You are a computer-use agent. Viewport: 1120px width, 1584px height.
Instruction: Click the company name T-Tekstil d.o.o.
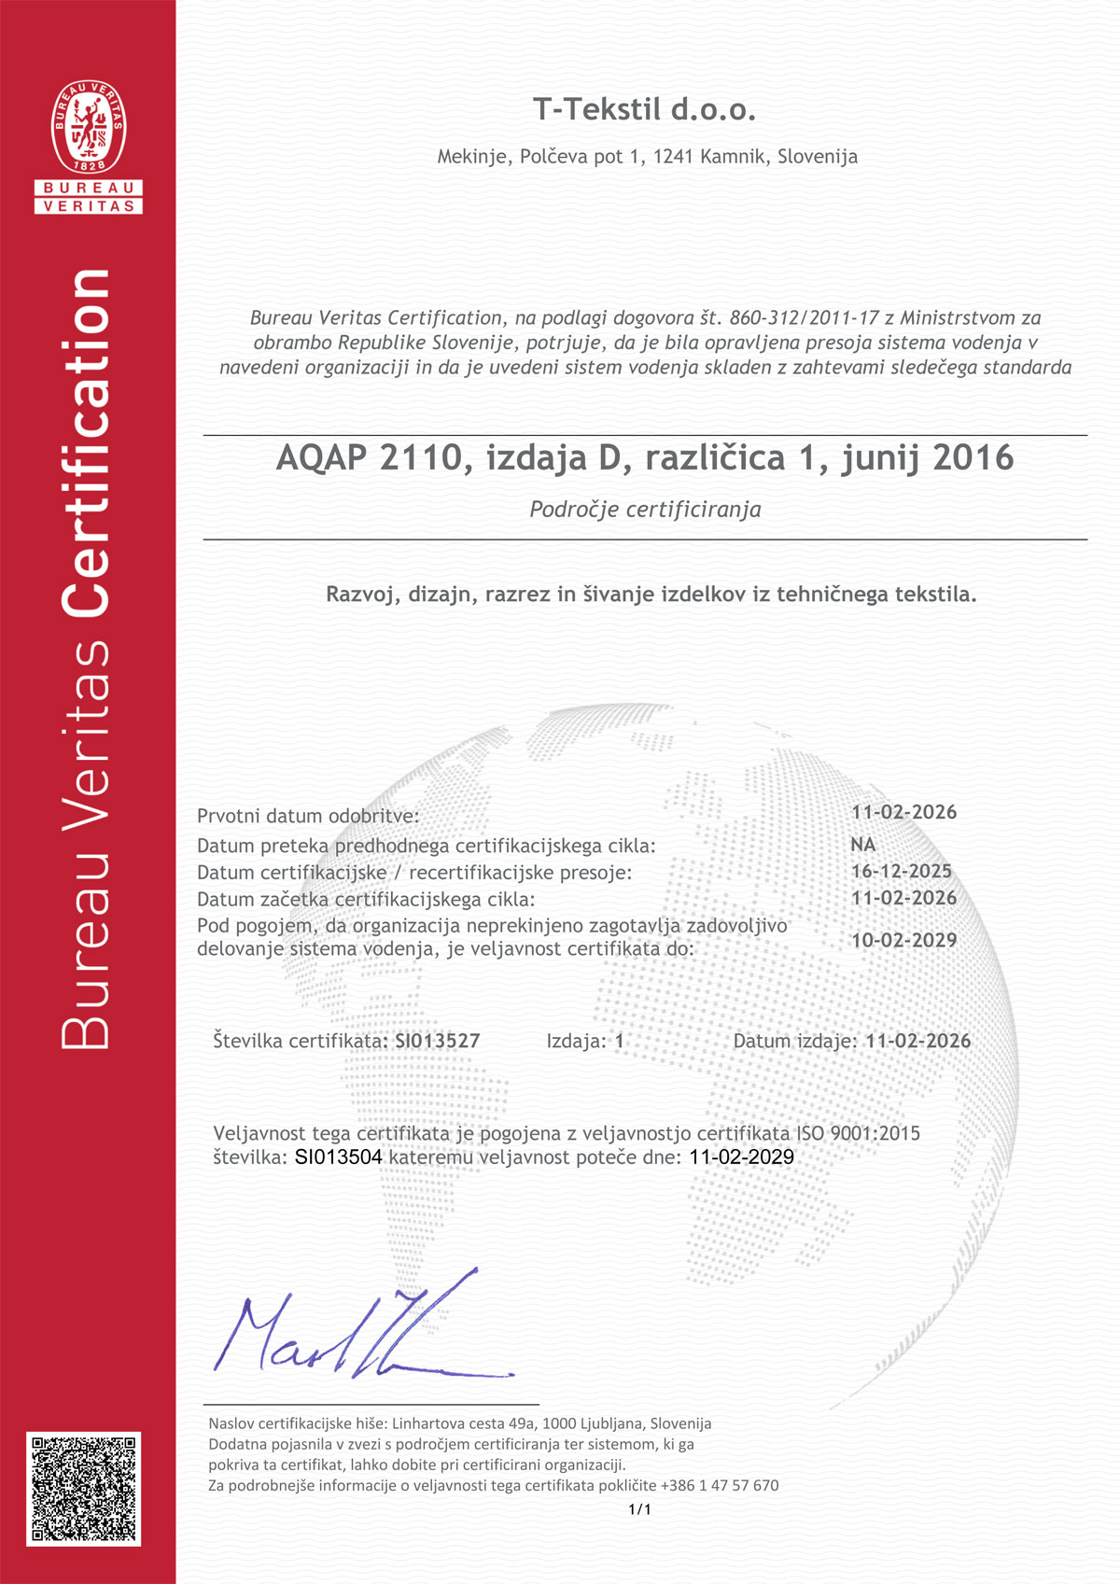pos(644,110)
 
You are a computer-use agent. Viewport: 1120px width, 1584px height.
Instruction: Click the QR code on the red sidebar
pos(84,1488)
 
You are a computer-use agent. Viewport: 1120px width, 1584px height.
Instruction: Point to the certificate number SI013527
pos(437,1041)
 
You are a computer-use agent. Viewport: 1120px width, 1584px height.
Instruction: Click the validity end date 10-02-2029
pos(903,940)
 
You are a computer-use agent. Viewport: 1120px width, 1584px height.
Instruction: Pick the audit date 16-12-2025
pos(901,871)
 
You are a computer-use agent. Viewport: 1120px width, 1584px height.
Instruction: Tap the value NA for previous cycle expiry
pos(862,844)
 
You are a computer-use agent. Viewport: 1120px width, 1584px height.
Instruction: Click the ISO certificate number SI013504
pos(338,1157)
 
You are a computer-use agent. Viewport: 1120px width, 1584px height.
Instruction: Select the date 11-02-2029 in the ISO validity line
pos(741,1157)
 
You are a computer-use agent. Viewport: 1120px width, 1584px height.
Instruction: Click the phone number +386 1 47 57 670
pos(719,1485)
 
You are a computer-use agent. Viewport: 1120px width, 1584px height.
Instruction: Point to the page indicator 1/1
pos(639,1509)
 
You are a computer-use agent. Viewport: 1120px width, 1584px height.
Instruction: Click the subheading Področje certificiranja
pos(645,510)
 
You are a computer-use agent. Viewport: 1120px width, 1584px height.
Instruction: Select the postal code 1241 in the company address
pos(673,157)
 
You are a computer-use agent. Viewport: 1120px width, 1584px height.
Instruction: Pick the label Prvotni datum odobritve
pos(308,816)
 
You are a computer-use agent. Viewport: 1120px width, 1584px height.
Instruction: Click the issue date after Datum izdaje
pos(917,1041)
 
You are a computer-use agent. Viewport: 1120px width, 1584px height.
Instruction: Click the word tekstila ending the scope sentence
pos(934,595)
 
